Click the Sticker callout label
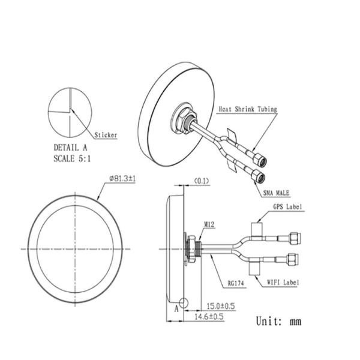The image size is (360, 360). [x=106, y=135]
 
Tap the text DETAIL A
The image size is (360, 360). [x=70, y=148]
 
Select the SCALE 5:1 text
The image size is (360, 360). [x=72, y=158]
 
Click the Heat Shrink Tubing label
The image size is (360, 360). [x=248, y=109]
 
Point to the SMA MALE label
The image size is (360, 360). [x=276, y=193]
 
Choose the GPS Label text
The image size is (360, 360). [x=287, y=207]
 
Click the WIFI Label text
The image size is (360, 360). [x=283, y=283]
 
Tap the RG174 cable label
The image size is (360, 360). [x=236, y=283]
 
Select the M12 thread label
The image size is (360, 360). [x=209, y=224]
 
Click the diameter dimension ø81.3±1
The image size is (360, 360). [x=122, y=178]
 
